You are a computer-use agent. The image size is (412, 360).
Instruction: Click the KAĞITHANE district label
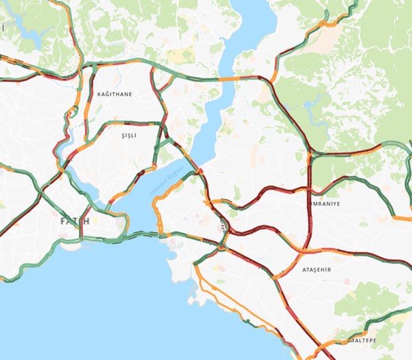point(115,93)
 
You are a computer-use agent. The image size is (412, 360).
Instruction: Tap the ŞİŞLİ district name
point(129,136)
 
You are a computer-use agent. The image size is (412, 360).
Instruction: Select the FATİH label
point(75,221)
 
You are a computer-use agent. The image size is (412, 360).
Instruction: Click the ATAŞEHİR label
point(317,270)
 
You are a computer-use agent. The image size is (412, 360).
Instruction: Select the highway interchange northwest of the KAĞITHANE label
point(91,66)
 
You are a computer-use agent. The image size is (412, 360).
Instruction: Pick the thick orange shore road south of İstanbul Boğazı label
point(158,213)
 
